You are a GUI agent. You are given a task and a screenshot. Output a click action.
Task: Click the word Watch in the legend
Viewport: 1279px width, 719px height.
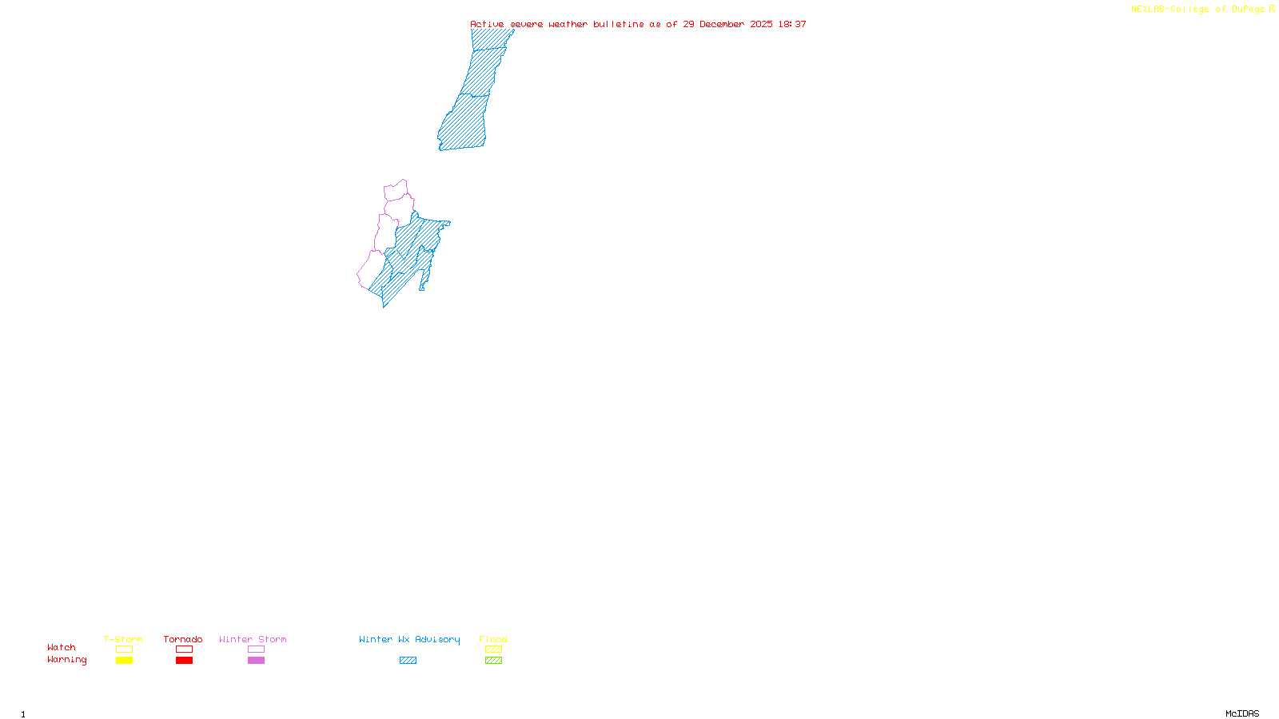tap(62, 647)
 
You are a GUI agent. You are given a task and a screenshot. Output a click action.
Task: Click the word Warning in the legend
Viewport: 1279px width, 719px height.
tap(67, 660)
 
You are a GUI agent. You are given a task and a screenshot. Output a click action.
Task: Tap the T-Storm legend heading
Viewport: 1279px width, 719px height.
tap(123, 639)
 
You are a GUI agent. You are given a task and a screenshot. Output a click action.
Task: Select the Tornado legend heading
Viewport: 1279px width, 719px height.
tap(183, 639)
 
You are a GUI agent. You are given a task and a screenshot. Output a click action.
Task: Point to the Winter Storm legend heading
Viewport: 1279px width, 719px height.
tap(253, 639)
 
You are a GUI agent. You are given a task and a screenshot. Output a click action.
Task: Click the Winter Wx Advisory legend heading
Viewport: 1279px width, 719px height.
tap(409, 639)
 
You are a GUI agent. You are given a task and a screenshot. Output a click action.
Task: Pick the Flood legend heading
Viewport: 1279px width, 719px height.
tap(493, 639)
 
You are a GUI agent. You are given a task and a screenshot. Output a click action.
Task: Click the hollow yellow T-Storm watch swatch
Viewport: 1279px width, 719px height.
tap(124, 649)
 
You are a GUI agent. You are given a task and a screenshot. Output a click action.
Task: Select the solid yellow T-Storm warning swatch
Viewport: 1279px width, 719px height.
tap(124, 661)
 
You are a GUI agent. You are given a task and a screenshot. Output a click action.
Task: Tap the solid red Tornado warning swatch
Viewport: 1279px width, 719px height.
tap(184, 661)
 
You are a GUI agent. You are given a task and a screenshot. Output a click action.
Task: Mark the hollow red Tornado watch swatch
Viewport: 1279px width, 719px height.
tap(184, 649)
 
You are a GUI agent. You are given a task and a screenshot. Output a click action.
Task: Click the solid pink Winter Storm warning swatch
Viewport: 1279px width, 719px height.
tap(256, 661)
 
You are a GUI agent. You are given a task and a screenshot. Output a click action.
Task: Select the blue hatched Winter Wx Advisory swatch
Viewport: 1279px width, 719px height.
tap(408, 661)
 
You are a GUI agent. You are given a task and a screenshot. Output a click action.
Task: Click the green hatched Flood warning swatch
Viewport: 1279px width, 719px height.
tap(493, 661)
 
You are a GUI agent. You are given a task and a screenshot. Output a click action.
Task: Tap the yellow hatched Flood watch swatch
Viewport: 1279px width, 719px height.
tap(493, 649)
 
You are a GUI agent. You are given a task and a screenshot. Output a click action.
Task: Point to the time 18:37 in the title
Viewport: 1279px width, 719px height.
tap(792, 24)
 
